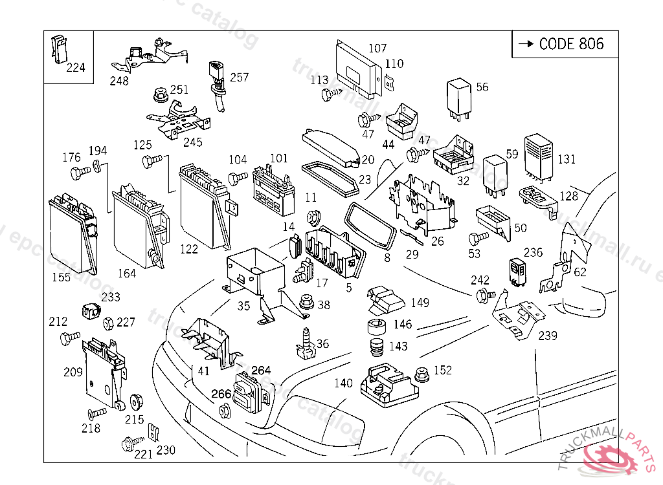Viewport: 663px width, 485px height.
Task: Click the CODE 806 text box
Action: [x=565, y=44]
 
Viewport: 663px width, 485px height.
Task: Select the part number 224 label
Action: [x=76, y=67]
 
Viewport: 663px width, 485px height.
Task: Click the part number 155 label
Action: [x=62, y=277]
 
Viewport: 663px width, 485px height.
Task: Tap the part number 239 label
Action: [x=548, y=336]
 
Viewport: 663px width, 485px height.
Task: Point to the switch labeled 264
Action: [x=247, y=392]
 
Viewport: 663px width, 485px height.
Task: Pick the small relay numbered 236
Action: [x=517, y=271]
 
